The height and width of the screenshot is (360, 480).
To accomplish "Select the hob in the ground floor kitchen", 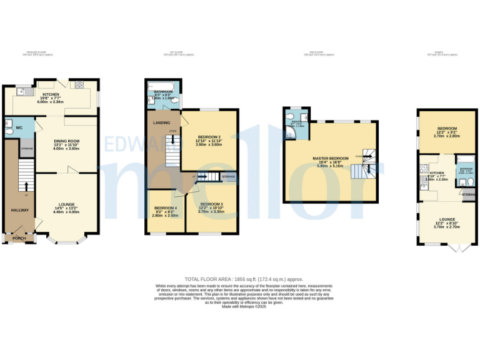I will coord(80,85).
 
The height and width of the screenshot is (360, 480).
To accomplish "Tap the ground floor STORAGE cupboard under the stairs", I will coord(27,149).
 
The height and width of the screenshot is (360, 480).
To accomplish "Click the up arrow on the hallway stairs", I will coord(26,186).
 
